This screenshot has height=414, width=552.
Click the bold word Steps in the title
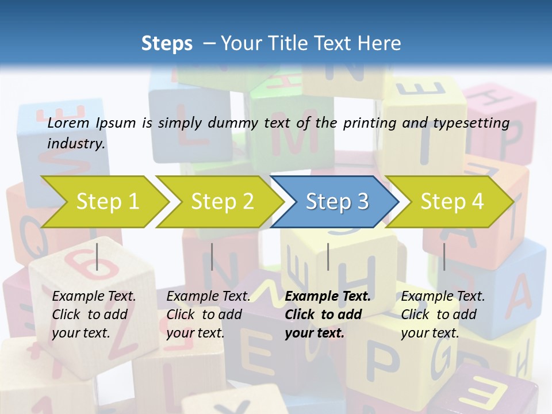click(x=167, y=44)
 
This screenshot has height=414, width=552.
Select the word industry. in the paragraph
click(x=76, y=144)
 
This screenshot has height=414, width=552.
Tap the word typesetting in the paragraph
click(x=477, y=123)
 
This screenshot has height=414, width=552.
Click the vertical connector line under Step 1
click(x=97, y=256)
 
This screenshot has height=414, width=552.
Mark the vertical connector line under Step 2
click(x=212, y=256)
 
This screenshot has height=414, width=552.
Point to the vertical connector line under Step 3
click(x=328, y=256)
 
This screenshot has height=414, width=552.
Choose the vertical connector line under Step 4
click(x=444, y=256)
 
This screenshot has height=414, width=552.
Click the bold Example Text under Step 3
click(x=328, y=297)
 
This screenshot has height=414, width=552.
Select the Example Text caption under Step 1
click(x=94, y=297)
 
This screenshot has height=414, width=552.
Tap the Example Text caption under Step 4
click(x=443, y=297)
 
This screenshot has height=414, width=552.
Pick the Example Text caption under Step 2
click(x=208, y=297)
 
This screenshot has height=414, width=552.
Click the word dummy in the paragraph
click(x=236, y=123)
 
